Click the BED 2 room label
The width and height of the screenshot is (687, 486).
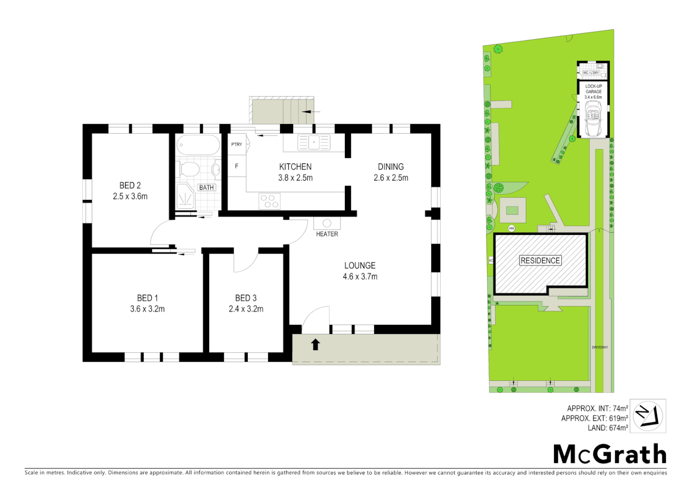130,185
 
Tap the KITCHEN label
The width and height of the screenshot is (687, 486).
295,166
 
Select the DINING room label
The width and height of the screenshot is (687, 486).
391,166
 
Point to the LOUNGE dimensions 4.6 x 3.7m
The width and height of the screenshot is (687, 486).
360,277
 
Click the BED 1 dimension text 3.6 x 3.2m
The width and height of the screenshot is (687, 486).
147,309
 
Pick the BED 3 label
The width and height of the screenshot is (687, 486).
246,298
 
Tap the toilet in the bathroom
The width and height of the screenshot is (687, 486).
190,170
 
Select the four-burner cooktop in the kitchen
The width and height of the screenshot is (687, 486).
270,201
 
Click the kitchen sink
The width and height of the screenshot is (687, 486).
314,142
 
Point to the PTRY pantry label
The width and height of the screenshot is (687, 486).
236,144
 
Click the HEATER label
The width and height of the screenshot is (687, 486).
327,234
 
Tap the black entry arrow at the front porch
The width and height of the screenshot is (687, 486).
316,344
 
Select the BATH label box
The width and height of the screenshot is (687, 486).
206,188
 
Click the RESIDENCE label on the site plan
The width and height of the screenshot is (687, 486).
540,261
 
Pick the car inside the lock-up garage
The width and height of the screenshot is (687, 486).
593,119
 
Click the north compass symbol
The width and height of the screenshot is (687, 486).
647,416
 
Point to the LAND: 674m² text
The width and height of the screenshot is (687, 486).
607,428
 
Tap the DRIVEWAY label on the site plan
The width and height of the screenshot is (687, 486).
600,347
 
